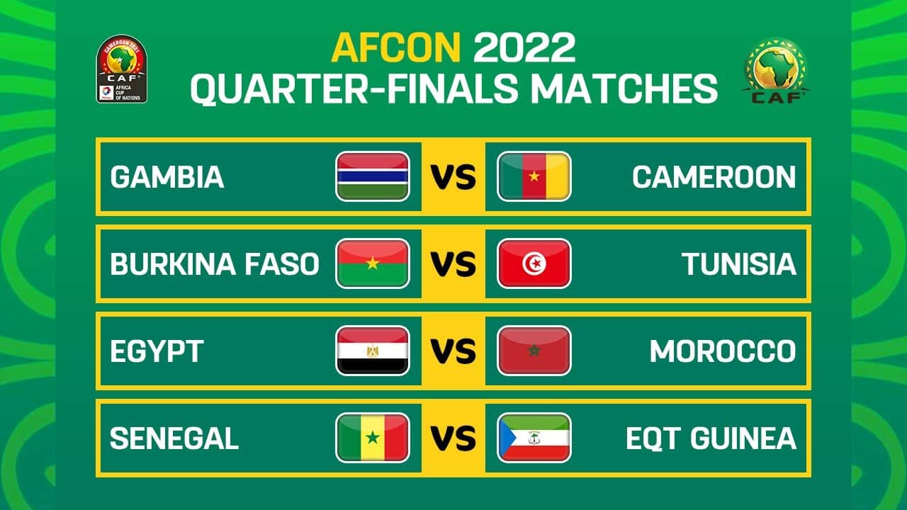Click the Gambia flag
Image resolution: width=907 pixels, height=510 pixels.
pos(373,176)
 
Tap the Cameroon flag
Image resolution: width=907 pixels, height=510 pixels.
pos(534,176)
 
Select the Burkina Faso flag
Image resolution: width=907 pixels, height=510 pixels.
pos(373,263)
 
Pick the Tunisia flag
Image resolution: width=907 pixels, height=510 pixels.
pos(534,263)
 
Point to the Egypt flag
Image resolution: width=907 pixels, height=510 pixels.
pos(373,351)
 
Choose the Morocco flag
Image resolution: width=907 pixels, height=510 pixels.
pos(534,351)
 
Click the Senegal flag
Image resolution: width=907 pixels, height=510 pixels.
pos(373,438)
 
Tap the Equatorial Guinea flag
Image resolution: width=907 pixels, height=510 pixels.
pos(534,438)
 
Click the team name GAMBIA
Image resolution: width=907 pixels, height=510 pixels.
pos(167,177)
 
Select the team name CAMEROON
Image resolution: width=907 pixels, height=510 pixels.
pos(714,177)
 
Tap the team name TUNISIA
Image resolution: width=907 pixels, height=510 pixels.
pos(739,264)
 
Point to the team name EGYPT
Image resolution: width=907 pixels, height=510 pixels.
pos(157,351)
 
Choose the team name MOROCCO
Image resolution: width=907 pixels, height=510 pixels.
pos(723,351)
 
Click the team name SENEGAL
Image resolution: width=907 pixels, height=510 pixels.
pos(174,438)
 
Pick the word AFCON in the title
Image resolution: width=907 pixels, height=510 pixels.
pos(396,47)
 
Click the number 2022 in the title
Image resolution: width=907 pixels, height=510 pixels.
pos(524,47)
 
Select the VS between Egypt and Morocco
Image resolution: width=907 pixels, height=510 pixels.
pos(453,351)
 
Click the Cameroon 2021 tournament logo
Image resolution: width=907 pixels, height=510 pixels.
pos(121,69)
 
